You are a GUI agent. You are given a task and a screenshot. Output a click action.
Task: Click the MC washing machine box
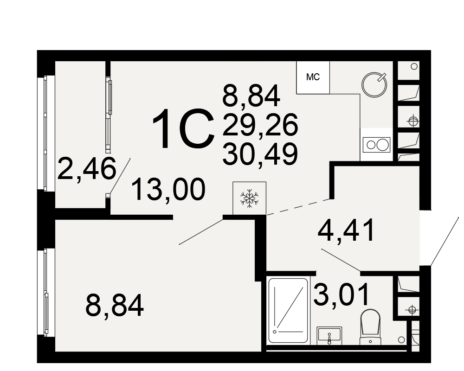click(x=313, y=77)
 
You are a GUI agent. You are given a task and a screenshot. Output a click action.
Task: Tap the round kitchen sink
click(x=374, y=84)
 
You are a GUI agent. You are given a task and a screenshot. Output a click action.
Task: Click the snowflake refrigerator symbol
click(x=249, y=198)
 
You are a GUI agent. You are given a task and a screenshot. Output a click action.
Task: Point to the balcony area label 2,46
click(x=86, y=169)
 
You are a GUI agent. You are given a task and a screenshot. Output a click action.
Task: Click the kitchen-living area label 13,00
click(x=168, y=189)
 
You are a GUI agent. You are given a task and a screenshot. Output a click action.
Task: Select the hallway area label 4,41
click(x=346, y=230)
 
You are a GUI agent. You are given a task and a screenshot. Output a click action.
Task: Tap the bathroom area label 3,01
click(x=342, y=294)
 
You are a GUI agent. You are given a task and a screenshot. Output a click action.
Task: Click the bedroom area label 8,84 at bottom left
click(x=115, y=305)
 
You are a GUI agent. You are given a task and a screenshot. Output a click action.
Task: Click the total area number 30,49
click(x=260, y=154)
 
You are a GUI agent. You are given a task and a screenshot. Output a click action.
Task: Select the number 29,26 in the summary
click(x=260, y=125)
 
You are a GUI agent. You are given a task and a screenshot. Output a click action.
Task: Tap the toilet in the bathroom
click(x=370, y=327)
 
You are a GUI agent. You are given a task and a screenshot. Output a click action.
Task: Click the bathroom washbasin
click(x=329, y=335)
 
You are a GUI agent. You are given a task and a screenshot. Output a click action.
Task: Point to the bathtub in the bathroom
click(x=288, y=310)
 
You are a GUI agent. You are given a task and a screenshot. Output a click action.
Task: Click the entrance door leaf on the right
click(x=445, y=241)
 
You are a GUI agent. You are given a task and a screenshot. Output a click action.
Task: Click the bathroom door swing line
click(x=341, y=260)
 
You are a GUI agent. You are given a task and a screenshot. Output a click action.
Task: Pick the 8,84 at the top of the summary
click(x=251, y=95)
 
